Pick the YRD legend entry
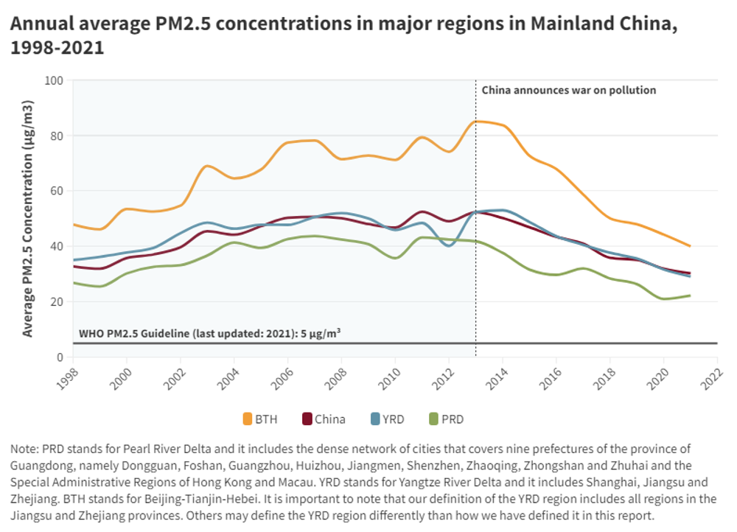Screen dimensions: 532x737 coord(388,419)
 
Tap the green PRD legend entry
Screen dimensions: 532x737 coord(447,419)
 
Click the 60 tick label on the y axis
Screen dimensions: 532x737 coord(57,191)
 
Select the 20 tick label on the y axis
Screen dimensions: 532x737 coord(57,302)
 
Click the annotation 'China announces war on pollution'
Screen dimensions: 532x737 coord(568,91)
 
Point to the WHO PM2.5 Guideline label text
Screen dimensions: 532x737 coord(209,333)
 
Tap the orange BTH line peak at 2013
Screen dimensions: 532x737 coord(477,121)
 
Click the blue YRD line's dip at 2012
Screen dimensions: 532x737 coord(450,245)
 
